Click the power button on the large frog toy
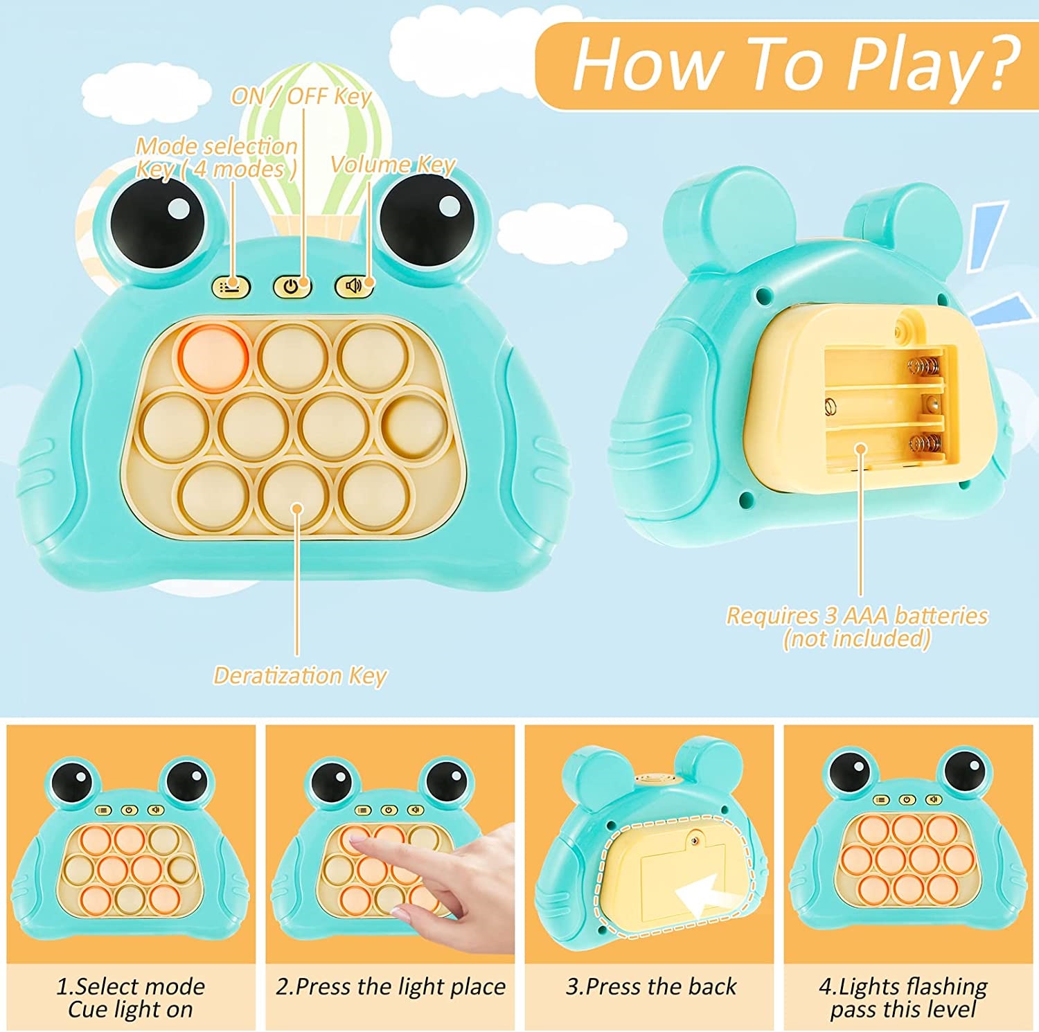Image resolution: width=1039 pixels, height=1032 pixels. point(292,285)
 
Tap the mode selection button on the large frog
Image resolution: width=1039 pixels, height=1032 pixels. point(231,285)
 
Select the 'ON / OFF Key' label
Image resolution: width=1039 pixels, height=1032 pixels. point(301,96)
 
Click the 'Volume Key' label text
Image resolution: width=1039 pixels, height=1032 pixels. point(393,164)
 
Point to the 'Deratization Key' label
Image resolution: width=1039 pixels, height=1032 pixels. point(299,675)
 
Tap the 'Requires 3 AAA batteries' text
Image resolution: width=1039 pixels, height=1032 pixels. point(857,615)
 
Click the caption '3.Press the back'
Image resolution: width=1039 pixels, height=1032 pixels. point(651,986)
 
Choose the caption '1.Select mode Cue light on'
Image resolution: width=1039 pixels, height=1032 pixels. point(130,997)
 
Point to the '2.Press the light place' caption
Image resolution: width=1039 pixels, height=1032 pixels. point(391,986)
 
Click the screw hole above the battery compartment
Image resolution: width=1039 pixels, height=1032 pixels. point(900,332)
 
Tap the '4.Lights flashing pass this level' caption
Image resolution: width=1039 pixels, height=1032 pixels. point(903,997)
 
